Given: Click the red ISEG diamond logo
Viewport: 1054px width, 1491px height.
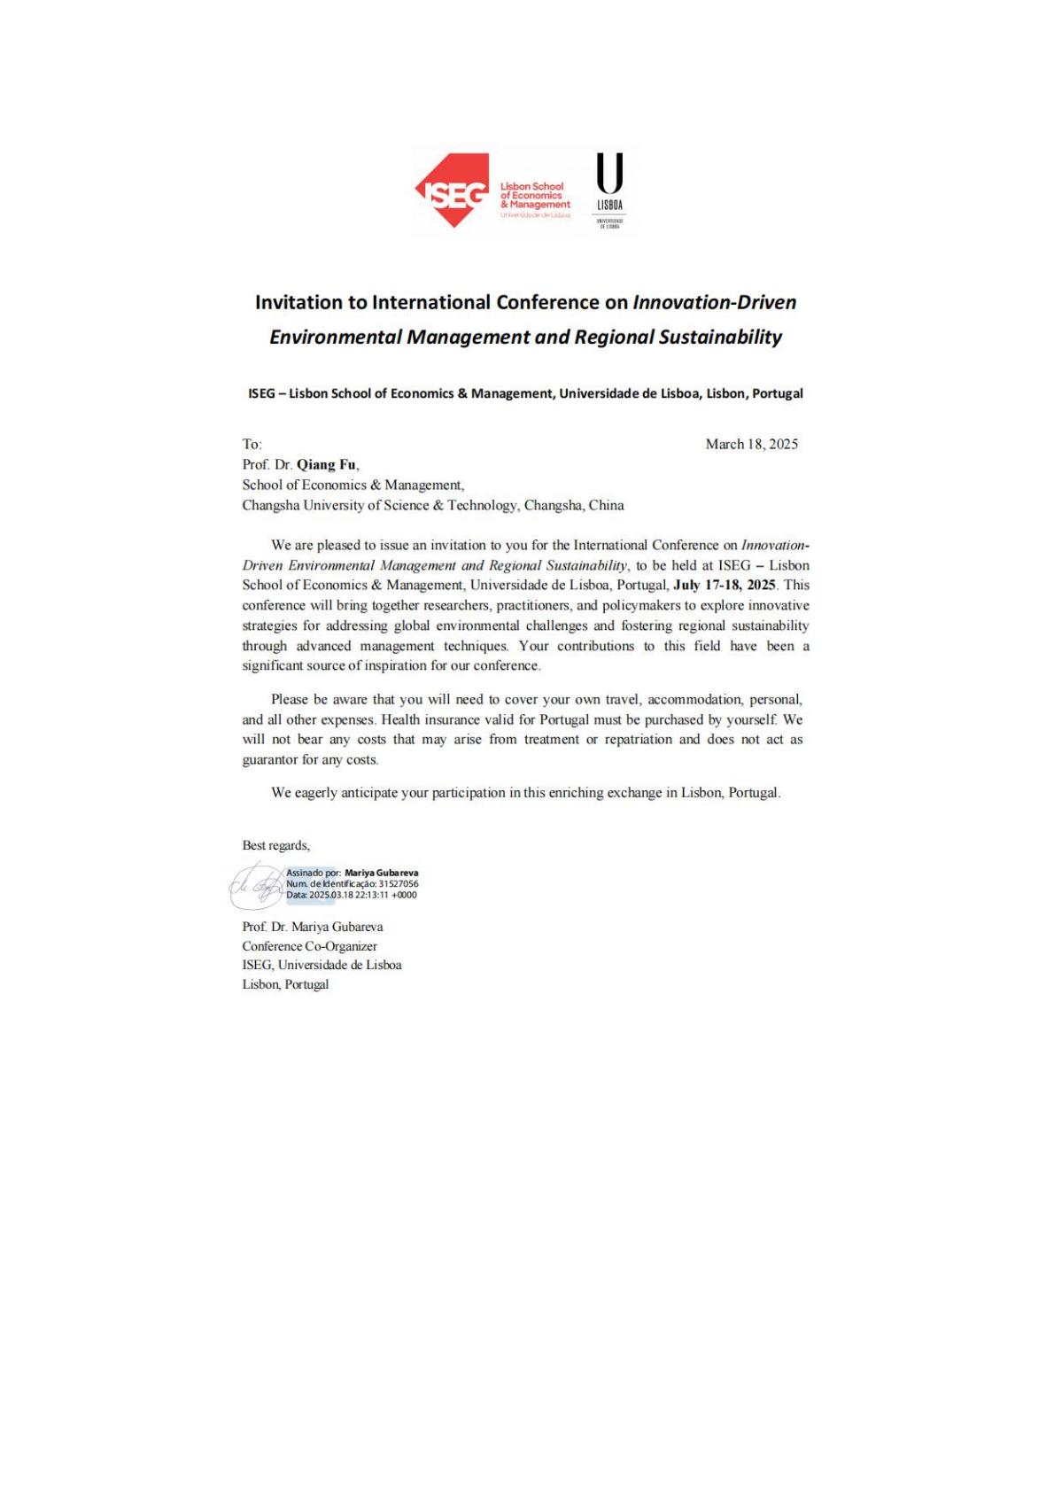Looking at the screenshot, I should point(453,190).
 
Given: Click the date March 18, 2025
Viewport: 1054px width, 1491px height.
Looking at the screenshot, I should point(751,444).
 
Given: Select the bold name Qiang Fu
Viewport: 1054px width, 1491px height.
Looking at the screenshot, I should point(327,464).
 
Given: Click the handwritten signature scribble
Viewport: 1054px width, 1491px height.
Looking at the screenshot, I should point(256,885).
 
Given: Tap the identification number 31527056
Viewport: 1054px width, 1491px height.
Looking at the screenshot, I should point(399,883).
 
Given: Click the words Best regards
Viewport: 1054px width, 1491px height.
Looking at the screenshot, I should point(275,845).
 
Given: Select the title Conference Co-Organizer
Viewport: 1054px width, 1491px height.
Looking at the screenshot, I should point(309,946).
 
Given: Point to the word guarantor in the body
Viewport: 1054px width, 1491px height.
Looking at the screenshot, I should point(269,760).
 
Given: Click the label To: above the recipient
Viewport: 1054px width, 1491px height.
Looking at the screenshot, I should point(252,444).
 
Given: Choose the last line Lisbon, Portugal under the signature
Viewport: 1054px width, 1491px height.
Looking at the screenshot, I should point(285,984).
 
